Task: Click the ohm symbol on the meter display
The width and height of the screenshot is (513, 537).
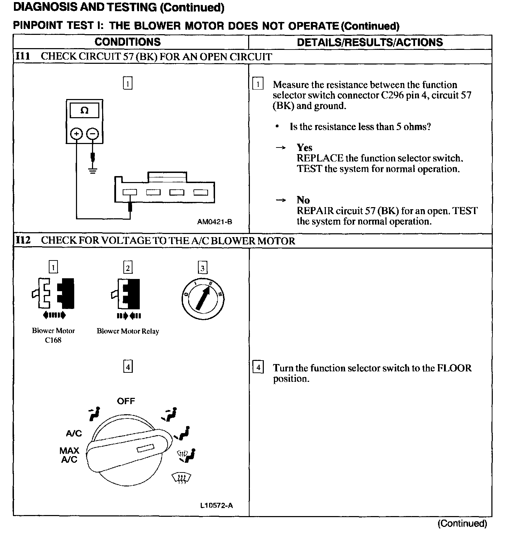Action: coord(84,111)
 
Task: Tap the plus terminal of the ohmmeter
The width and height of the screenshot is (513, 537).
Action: coord(76,134)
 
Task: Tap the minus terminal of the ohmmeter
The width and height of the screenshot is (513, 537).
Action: coord(92,134)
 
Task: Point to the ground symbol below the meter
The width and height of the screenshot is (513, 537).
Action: coord(92,171)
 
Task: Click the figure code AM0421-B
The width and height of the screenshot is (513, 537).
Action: coord(214,222)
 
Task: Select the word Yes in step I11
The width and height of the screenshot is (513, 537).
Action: coord(304,148)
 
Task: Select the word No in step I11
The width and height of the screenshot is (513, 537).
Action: coord(303,200)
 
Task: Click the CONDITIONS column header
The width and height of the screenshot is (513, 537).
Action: coord(128,42)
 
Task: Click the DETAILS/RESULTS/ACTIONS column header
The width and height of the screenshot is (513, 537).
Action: coord(370,42)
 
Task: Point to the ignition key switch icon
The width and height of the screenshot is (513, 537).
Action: coord(203,299)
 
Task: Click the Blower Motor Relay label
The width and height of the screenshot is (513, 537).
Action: coord(128,331)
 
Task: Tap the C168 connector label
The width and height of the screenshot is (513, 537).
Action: coord(53,340)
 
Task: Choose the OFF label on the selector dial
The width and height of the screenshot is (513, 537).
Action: coord(126,401)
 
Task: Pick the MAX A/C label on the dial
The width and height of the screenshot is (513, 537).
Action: coord(69,455)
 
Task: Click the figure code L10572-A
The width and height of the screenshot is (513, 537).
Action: coord(216,505)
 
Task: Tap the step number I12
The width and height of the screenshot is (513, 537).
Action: coord(23,240)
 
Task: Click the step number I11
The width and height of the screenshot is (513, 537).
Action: coord(23,56)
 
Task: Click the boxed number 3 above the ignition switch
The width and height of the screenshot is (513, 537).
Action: coord(202,268)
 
